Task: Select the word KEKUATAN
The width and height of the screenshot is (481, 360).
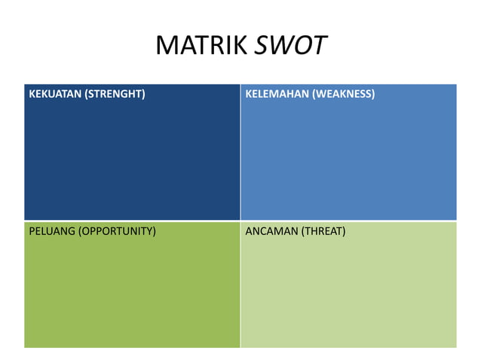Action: [x=54, y=95]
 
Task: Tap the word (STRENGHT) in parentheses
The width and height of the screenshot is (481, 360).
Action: [x=114, y=95]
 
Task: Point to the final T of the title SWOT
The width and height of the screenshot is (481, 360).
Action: [x=320, y=47]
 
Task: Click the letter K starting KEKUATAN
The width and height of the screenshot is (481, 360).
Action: [x=32, y=95]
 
